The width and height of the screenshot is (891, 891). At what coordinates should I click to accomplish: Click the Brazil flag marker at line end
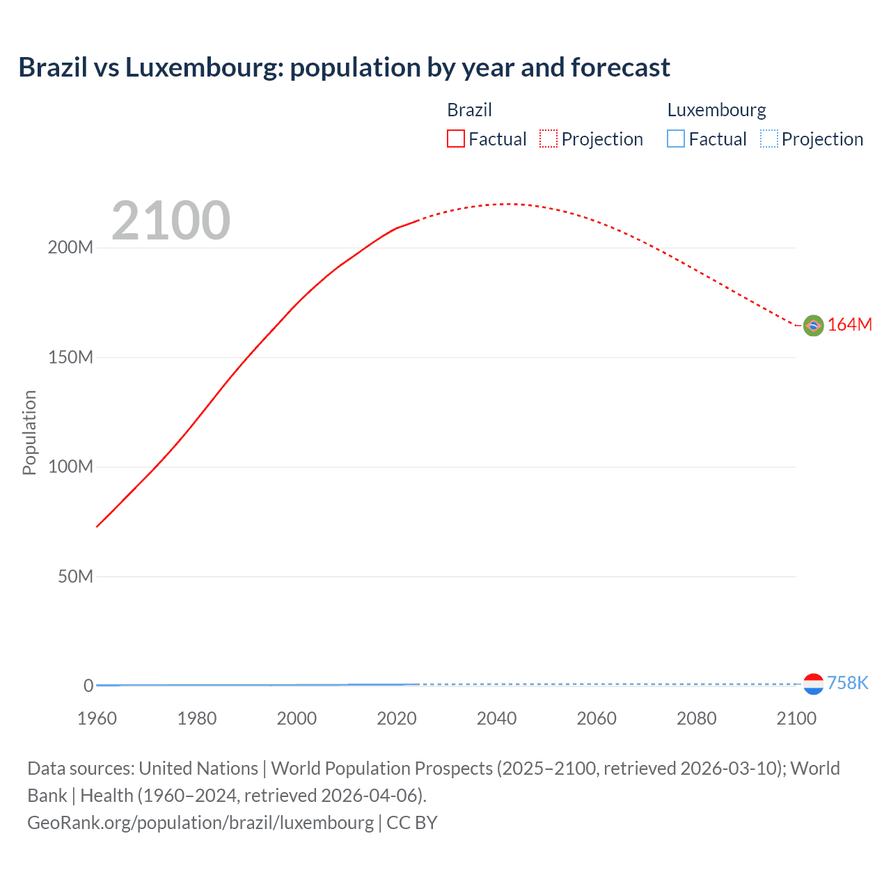(813, 325)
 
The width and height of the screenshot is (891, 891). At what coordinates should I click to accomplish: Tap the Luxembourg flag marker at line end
(813, 684)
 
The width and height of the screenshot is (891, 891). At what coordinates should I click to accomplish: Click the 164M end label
(850, 325)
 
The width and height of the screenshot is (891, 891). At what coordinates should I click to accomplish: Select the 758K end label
(848, 683)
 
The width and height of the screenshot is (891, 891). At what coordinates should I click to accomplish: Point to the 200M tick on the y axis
(70, 248)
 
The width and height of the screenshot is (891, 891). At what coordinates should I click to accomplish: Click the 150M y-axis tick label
(70, 358)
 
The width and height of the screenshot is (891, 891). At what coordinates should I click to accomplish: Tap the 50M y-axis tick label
(75, 576)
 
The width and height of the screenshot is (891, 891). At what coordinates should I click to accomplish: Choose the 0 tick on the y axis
(88, 686)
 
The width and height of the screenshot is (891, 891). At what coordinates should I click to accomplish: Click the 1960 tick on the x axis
(97, 718)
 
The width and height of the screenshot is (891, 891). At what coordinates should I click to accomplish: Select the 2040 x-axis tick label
(496, 718)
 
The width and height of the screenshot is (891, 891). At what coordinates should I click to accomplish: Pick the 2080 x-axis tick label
(696, 718)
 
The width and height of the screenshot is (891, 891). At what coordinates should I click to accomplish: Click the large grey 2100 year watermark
(171, 221)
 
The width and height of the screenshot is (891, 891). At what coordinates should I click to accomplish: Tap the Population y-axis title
(29, 432)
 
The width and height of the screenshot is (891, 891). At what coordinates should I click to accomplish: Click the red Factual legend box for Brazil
(456, 139)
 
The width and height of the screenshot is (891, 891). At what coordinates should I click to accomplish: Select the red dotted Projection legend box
(549, 139)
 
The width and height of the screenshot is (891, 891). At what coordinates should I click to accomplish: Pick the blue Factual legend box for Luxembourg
(676, 139)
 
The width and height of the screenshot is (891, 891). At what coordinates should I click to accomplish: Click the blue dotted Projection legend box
(768, 139)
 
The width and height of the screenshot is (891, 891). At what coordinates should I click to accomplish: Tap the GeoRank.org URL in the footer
(200, 823)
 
